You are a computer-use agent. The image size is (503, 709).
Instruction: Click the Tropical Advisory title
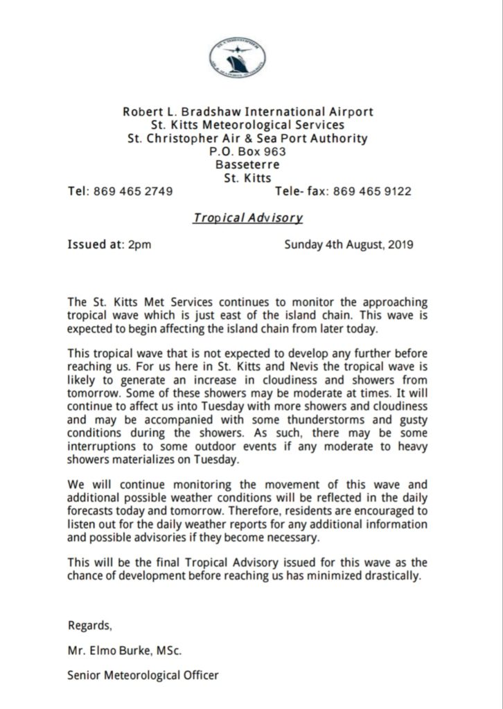pyautogui.click(x=248, y=217)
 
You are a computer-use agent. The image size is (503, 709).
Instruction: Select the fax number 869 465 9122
pyautogui.click(x=372, y=191)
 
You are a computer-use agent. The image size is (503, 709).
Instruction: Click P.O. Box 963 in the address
pyautogui.click(x=247, y=151)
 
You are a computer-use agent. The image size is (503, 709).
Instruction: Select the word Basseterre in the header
pyautogui.click(x=247, y=164)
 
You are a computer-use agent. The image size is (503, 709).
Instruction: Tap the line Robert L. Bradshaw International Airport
pyautogui.click(x=247, y=111)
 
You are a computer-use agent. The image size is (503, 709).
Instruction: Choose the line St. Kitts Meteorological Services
pyautogui.click(x=247, y=125)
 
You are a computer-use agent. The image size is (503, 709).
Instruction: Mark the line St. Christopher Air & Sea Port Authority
pyautogui.click(x=247, y=138)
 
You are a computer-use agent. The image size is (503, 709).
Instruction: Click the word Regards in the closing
pyautogui.click(x=89, y=625)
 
